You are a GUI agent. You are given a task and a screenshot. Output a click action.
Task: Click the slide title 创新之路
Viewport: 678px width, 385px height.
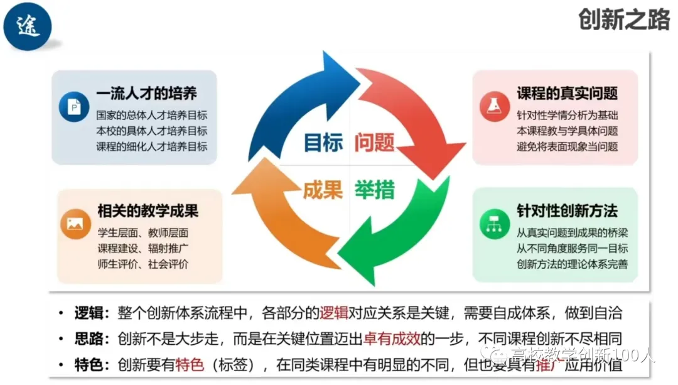[624, 21]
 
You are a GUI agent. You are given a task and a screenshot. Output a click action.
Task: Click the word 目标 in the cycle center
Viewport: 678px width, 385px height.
[323, 143]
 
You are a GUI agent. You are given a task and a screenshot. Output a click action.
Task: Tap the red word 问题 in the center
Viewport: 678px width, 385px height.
[374, 143]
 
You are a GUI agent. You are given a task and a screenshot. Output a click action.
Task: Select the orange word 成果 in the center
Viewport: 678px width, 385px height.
[323, 190]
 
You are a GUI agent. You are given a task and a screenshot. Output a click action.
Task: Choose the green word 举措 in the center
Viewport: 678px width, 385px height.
[375, 190]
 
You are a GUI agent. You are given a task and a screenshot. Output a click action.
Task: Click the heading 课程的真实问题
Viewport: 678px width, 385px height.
[567, 94]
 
